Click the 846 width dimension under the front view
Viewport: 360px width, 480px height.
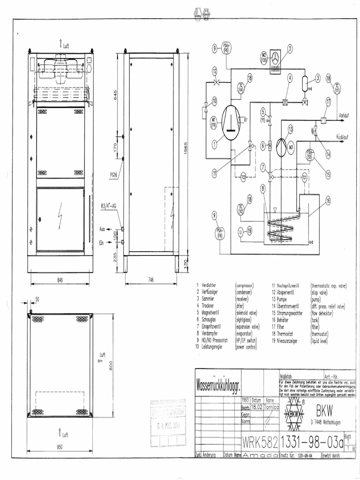click(x=60, y=279)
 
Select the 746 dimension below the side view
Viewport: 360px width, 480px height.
click(x=150, y=279)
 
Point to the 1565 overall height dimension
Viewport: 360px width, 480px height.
click(x=186, y=150)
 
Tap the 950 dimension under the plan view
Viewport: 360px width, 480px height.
click(x=60, y=447)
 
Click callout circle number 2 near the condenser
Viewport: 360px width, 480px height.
click(x=290, y=48)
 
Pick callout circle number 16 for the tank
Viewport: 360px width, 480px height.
click(x=328, y=200)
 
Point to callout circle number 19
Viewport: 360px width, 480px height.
click(x=249, y=230)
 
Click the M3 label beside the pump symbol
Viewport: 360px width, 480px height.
click(x=291, y=147)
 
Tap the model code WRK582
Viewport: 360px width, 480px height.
click(x=260, y=442)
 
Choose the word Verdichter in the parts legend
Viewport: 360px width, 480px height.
click(x=209, y=285)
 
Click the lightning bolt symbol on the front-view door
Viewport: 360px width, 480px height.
click(x=60, y=217)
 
